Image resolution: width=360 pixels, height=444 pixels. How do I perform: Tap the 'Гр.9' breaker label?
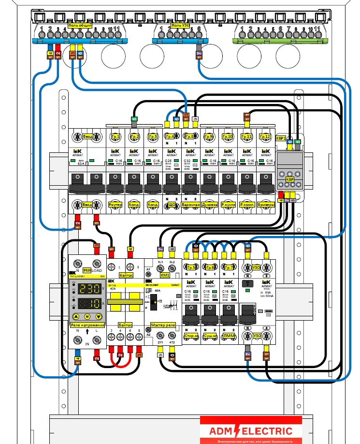[208, 137]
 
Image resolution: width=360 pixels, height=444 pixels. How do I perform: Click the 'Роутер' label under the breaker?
[115, 205]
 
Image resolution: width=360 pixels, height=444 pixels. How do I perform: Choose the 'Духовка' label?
[210, 205]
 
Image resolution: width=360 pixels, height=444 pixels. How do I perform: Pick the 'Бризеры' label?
[266, 205]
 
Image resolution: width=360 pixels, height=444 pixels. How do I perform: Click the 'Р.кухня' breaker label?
[228, 205]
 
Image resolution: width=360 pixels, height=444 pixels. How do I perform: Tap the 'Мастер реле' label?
[163, 325]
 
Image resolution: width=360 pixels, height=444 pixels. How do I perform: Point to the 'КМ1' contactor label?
[164, 274]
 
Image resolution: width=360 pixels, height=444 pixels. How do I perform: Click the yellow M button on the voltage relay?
[87, 316]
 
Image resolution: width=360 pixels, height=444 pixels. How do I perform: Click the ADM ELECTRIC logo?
[251, 431]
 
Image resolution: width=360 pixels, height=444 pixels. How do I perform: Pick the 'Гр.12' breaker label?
[265, 137]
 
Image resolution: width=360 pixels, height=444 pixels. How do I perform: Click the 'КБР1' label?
[281, 138]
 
